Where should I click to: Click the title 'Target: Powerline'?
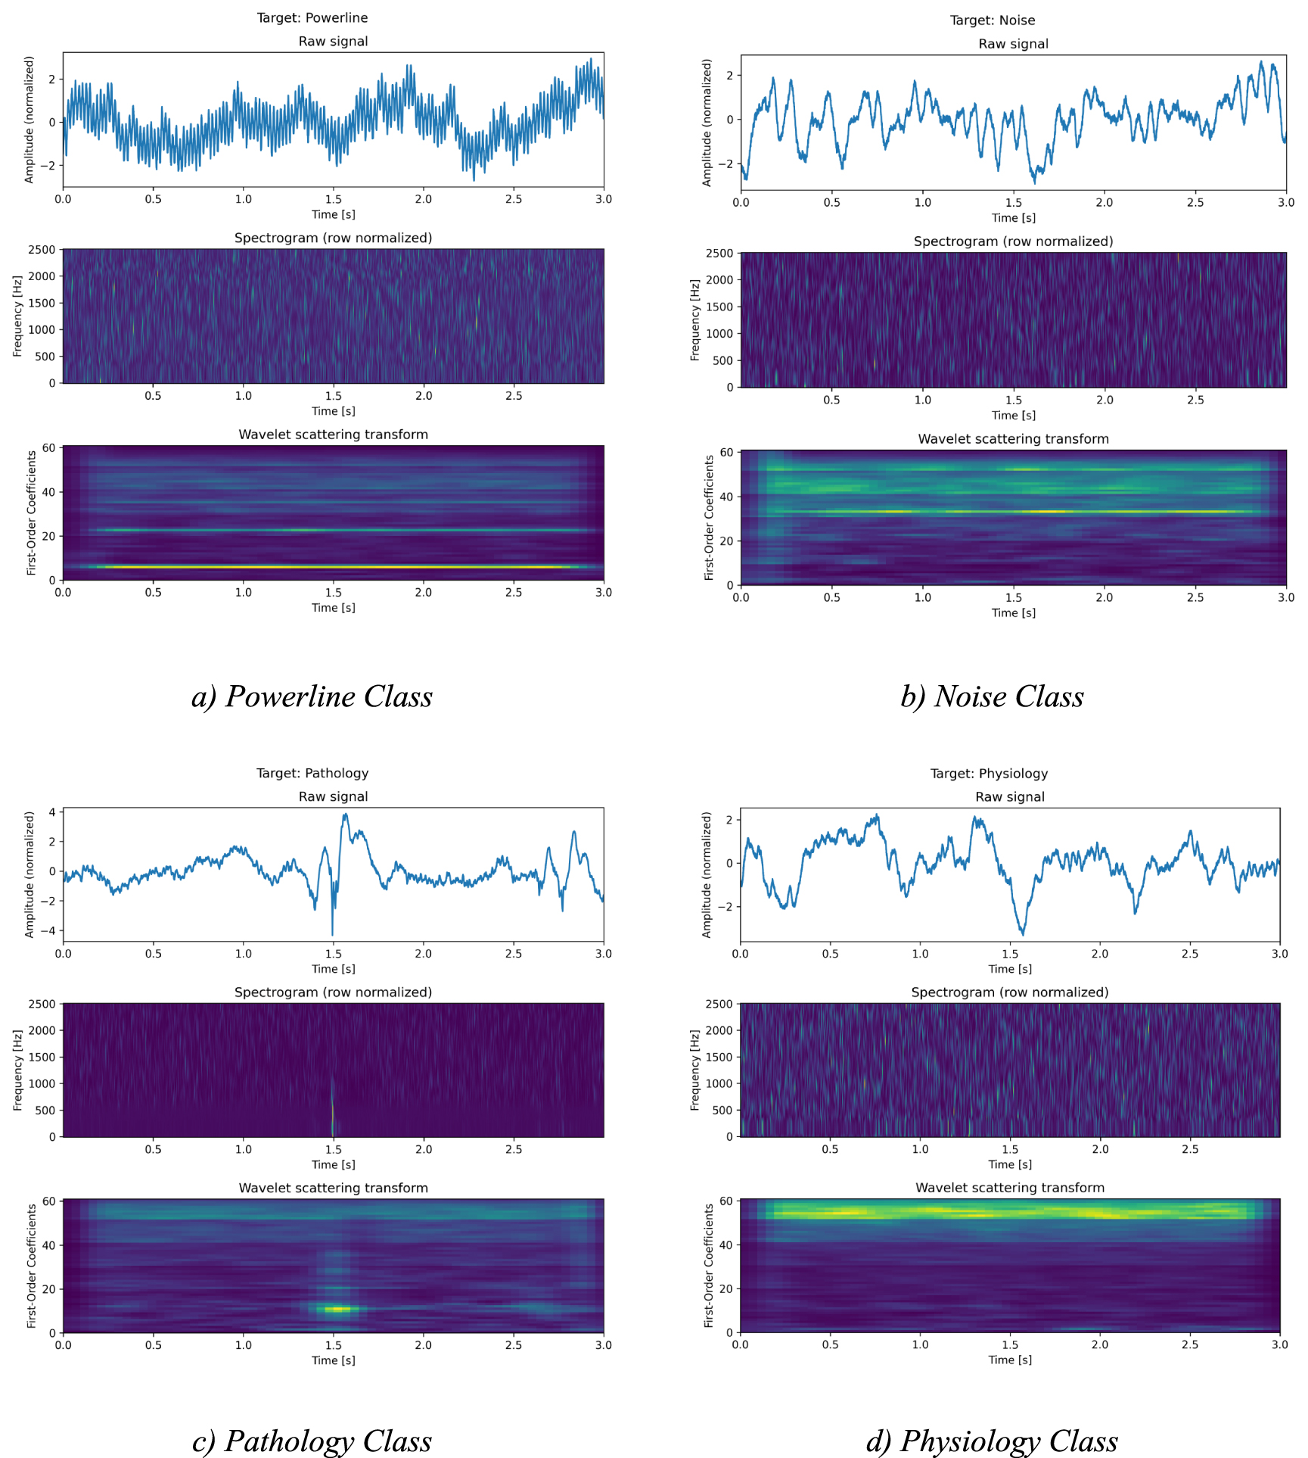pos(312,17)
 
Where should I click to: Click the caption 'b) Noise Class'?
pos(991,696)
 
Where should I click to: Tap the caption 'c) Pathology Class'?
pos(312,1441)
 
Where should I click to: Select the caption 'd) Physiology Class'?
pos(991,1441)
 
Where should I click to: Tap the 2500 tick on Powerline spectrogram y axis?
pos(42,250)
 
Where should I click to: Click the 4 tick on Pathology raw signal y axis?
pos(51,812)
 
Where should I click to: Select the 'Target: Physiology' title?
pos(988,773)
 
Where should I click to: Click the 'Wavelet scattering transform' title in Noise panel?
pos(1013,439)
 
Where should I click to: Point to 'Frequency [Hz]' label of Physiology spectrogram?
pos(695,1070)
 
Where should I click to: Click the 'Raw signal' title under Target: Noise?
pos(1013,44)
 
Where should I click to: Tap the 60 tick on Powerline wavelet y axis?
pos(48,448)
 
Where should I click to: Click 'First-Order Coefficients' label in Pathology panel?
pos(31,1266)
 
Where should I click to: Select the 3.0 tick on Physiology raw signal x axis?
pos(1279,954)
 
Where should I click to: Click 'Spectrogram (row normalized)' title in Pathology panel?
pos(333,992)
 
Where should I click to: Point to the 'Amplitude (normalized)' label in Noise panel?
pos(707,123)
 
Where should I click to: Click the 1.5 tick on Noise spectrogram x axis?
pos(1013,400)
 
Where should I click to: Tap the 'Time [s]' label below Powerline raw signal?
pos(333,214)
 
